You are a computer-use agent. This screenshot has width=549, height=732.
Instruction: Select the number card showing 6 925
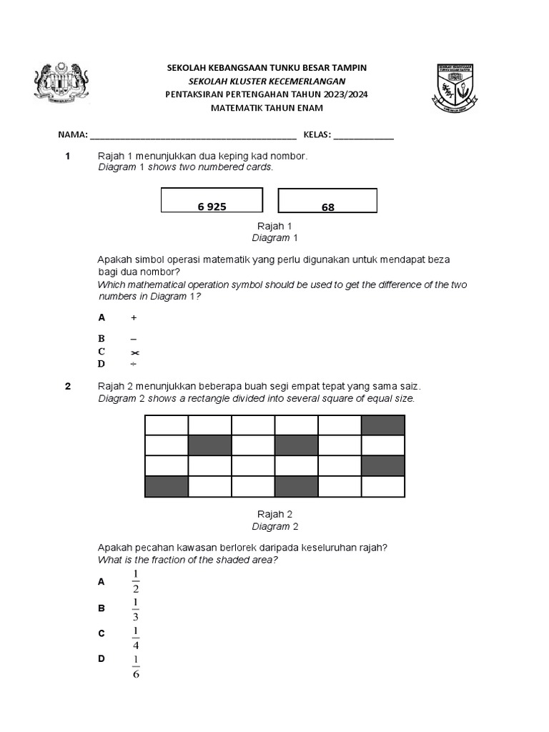pyautogui.click(x=212, y=200)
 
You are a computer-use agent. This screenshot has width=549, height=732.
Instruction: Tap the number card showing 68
pyautogui.click(x=327, y=201)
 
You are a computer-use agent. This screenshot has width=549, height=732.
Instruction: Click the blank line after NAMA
pyautogui.click(x=193, y=135)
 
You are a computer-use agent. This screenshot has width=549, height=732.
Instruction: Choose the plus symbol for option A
pyautogui.click(x=134, y=317)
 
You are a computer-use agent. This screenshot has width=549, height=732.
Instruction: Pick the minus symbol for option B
pyautogui.click(x=134, y=339)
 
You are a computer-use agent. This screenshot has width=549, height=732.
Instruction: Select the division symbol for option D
pyautogui.click(x=134, y=364)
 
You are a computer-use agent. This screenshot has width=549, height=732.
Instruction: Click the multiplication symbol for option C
pyautogui.click(x=134, y=352)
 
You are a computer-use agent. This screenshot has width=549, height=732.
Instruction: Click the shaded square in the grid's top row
pyautogui.click(x=383, y=425)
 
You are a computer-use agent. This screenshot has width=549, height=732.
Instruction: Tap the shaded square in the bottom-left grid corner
pyautogui.click(x=167, y=487)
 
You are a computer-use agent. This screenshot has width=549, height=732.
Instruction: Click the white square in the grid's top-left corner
pyautogui.click(x=167, y=425)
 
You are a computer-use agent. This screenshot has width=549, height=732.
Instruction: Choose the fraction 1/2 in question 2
pyautogui.click(x=135, y=582)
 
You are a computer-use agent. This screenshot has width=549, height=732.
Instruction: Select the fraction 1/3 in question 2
pyautogui.click(x=135, y=609)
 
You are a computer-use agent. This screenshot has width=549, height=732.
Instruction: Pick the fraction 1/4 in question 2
pyautogui.click(x=135, y=635)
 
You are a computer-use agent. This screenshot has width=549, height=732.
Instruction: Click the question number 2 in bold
pyautogui.click(x=68, y=387)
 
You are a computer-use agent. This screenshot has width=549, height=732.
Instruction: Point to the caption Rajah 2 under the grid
pyautogui.click(x=274, y=514)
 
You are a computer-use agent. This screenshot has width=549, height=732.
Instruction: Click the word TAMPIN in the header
pyautogui.click(x=350, y=67)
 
